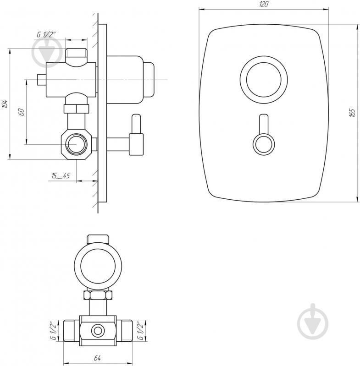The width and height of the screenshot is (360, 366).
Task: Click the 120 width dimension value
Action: click(x=264, y=4)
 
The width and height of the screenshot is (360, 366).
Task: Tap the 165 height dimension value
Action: click(x=352, y=113)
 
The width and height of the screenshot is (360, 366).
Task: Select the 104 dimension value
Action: click(x=5, y=104)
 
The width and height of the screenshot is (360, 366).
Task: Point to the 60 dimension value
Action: click(x=22, y=112)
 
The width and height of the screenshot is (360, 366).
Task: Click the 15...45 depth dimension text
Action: click(x=61, y=176)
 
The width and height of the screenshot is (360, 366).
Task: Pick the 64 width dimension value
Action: click(x=97, y=358)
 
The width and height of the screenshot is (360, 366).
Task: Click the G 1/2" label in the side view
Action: click(x=46, y=34)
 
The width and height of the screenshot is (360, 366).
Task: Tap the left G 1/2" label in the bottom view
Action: click(x=54, y=331)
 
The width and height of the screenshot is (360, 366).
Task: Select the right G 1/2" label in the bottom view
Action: click(x=141, y=331)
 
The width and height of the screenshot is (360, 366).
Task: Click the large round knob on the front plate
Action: click(x=264, y=80)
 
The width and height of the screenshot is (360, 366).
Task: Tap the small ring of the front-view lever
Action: click(x=264, y=144)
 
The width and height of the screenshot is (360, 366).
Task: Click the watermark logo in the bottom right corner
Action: click(x=313, y=322)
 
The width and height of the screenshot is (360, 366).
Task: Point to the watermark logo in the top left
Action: click(x=48, y=52)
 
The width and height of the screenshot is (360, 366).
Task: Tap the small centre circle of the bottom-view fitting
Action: click(x=98, y=331)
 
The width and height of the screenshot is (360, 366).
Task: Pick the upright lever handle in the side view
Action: click(x=136, y=135)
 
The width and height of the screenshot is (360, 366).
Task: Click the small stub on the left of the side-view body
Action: click(x=42, y=80)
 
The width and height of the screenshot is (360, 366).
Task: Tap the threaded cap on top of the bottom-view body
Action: click(x=98, y=239)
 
